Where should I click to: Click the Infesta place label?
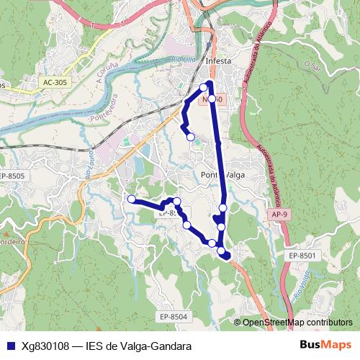(218, 61)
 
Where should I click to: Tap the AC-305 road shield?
(55, 83)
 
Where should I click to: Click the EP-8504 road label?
(174, 316)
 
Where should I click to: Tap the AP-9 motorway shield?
(280, 215)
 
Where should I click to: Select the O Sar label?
(312, 65)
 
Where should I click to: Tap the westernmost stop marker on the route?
(131, 199)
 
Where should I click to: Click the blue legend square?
(9, 346)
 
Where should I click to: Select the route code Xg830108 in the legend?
(46, 346)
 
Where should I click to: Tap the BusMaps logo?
(326, 346)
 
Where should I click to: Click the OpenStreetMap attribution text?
(297, 323)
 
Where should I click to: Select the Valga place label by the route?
(235, 175)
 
